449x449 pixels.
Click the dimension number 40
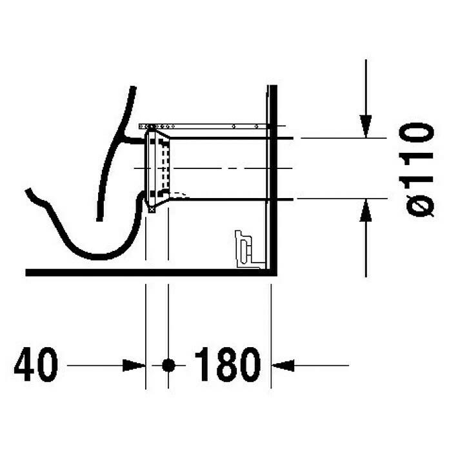35,364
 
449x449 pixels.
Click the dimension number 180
228,364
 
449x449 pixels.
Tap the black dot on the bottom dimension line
168,365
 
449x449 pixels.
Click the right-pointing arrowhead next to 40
134,365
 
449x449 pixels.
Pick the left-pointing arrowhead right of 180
283,365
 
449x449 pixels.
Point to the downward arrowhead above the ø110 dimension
366,126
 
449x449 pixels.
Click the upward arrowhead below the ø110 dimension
366,210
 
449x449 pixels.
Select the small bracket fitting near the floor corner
246,250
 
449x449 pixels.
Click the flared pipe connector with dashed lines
157,169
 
